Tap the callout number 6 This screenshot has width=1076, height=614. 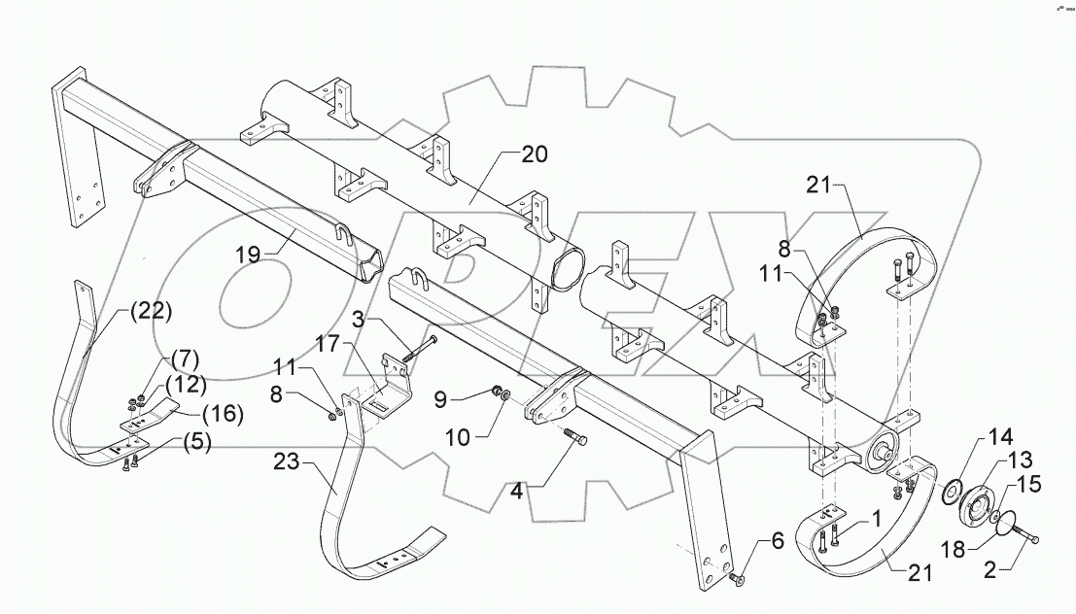[x=777, y=540]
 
